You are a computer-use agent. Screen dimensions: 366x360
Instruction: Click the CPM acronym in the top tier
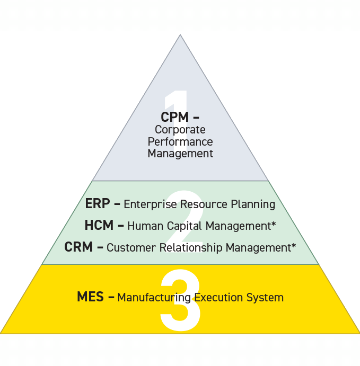[x=174, y=117]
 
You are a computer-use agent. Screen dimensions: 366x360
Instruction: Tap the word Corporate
[x=180, y=129]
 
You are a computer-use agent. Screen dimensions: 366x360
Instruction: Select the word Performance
[x=180, y=141]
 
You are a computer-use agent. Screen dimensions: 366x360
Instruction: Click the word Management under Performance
[x=180, y=154]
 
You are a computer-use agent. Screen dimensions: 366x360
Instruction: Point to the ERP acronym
[x=98, y=204]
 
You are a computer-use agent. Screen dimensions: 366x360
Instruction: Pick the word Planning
[x=254, y=204]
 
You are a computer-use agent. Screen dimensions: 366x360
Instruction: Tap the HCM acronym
[x=99, y=226]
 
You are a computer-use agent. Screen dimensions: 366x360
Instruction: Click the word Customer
[x=128, y=247]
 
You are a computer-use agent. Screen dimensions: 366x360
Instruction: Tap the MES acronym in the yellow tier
[x=90, y=297]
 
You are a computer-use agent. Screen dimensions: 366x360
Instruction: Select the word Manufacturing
[x=154, y=298]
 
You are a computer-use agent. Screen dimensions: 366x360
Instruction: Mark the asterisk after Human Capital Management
[x=274, y=225]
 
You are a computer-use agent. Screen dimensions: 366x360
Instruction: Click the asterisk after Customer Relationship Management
[x=293, y=246]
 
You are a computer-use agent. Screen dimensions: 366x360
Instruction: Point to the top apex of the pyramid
[x=180, y=35]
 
